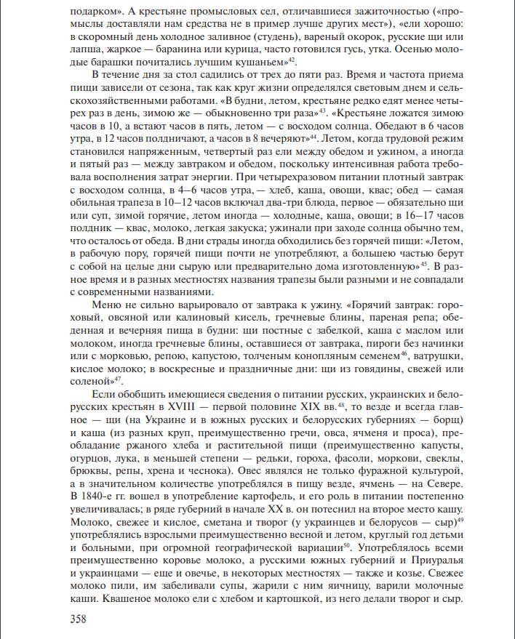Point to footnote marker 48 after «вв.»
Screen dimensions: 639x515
(x=350, y=405)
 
